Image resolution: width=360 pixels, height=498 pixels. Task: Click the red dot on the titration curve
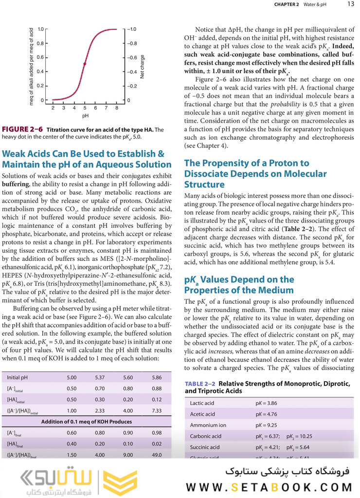coord(85,64)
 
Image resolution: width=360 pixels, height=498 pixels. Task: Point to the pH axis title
coord(85,116)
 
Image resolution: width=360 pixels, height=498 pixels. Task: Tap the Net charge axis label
coord(142,67)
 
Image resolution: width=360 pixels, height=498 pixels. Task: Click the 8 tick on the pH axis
coord(117,108)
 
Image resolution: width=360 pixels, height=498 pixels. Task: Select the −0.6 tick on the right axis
coord(132,57)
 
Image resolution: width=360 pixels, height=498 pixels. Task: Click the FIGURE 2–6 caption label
coord(23,129)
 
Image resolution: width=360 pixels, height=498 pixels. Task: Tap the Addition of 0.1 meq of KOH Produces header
coord(87,422)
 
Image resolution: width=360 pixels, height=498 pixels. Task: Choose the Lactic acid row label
coord(202,403)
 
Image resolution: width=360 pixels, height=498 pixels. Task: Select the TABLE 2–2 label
coord(200,384)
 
